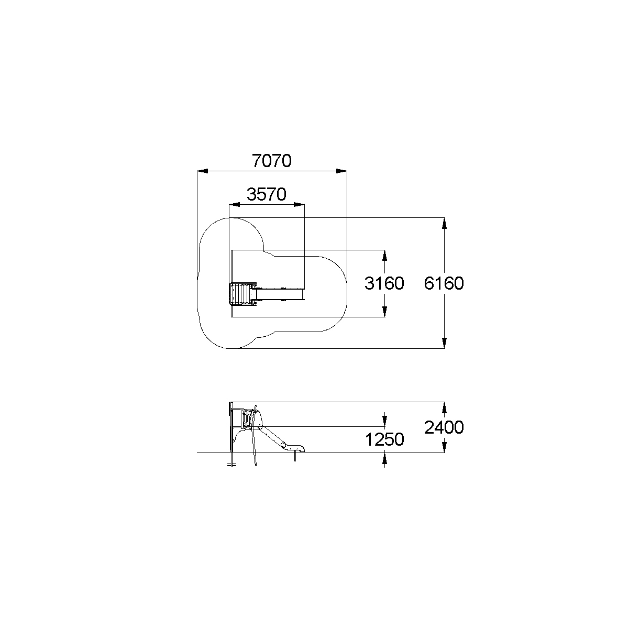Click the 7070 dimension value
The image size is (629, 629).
pos(272,161)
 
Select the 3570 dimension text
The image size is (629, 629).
pos(267,194)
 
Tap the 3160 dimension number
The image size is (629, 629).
pos(384,283)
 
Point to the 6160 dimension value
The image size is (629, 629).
pos(444,283)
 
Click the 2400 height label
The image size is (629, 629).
pos(444,427)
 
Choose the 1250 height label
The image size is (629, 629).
pos(384,440)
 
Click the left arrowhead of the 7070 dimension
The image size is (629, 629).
pos(202,171)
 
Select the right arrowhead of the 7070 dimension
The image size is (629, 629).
pos(341,171)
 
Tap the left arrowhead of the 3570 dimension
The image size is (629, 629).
pos(234,205)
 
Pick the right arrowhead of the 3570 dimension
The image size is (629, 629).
pos(299,205)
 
